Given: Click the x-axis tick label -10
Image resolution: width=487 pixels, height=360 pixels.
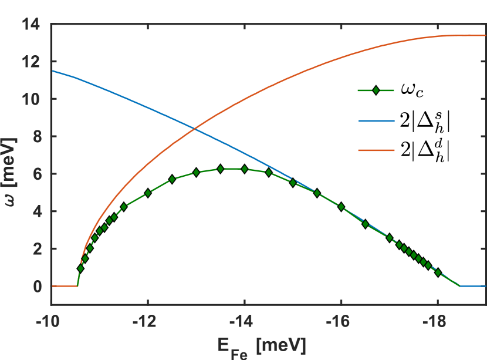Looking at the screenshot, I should pos(52,318).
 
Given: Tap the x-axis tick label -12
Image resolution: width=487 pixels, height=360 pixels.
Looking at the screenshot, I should pos(148,318).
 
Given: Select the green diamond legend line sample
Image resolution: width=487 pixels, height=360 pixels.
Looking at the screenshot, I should pos(376,90).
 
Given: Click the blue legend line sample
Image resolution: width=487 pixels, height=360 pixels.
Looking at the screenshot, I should pos(376,121).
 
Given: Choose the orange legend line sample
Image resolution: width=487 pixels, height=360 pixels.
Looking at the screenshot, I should pos(376,150).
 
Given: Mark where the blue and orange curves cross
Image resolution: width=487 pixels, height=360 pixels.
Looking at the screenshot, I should pos(194,127).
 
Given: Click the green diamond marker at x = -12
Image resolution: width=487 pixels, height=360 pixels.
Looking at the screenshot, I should pos(148,193).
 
